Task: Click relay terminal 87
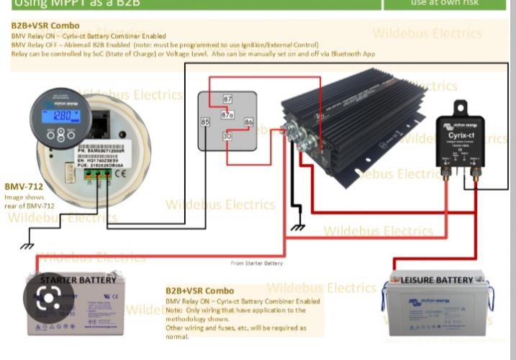click(x=227, y=99)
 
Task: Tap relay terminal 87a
click(x=227, y=114)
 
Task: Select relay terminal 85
click(x=205, y=122)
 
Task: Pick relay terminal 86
click(x=248, y=122)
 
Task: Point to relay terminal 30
click(x=227, y=136)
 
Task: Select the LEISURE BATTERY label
click(x=437, y=279)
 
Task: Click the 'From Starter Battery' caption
click(x=256, y=264)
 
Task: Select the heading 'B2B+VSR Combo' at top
click(x=45, y=25)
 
